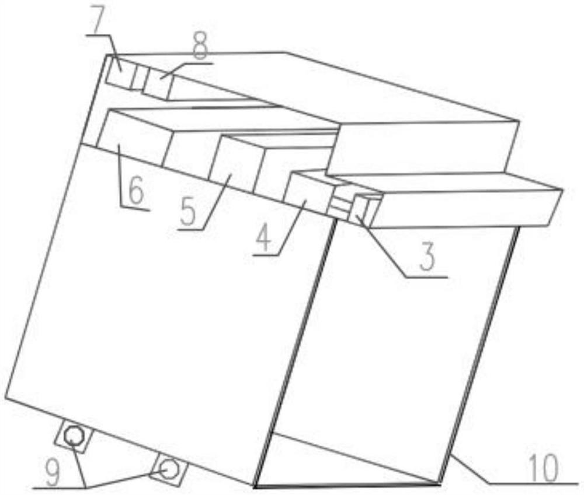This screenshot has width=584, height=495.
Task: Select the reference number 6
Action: (135, 192)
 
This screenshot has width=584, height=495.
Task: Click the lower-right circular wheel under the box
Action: (169, 469)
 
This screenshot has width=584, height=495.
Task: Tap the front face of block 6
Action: (132, 138)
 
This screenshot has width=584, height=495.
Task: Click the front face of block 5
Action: (235, 164)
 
